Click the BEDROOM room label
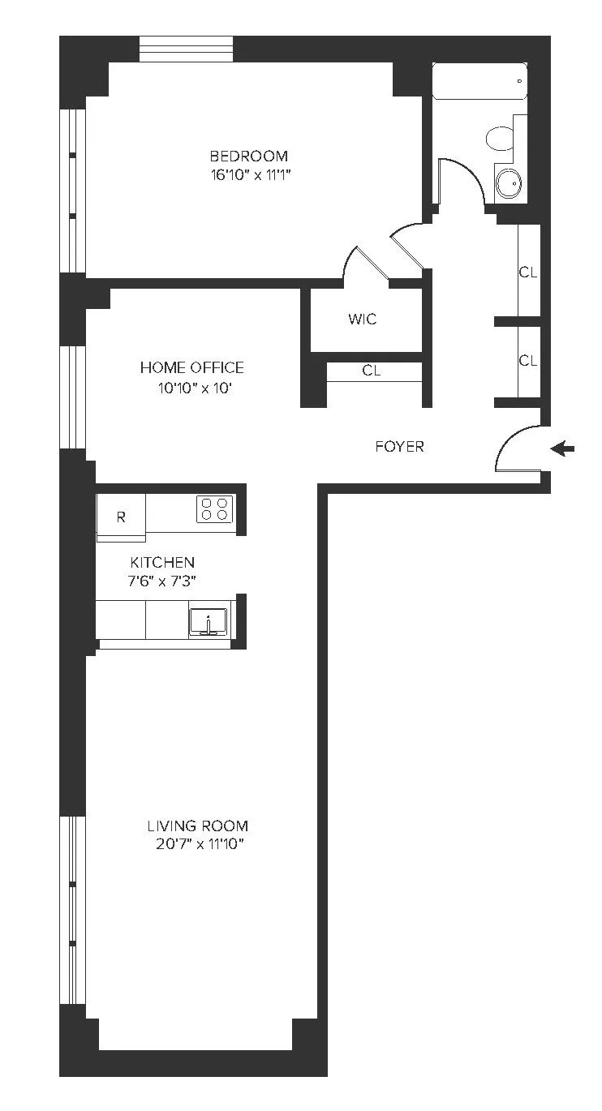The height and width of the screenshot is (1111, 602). coord(249,156)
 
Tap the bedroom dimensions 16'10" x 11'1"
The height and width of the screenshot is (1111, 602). coord(249,176)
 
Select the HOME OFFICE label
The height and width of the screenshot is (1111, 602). coord(191,367)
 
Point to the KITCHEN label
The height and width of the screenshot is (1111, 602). coord(162,562)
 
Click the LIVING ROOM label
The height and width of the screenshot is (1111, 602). coord(197,826)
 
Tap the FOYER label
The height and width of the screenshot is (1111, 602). coord(399,446)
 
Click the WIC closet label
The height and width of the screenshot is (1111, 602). coord(362,319)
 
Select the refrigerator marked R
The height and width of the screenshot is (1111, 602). coord(121,517)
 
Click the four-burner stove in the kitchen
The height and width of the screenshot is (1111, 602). coord(215,508)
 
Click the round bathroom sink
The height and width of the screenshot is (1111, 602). coord(510,183)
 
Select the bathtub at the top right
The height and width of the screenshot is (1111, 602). coord(479,81)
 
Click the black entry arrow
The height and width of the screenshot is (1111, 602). coord(561,448)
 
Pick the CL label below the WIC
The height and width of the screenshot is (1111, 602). coord(371,371)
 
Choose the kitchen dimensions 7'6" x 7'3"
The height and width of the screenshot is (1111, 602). coord(162,581)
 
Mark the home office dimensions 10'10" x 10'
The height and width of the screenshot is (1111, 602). coord(191,388)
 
